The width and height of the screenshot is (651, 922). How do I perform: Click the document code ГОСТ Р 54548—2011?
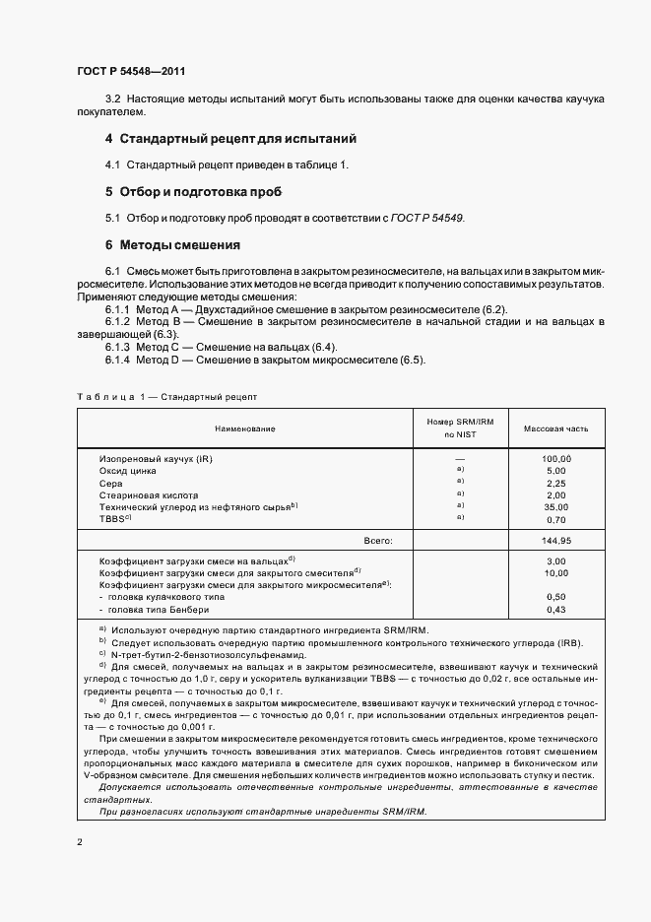[x=131, y=72]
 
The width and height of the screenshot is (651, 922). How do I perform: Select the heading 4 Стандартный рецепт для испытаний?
[x=230, y=139]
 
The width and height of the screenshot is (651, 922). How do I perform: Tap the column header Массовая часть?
[x=556, y=428]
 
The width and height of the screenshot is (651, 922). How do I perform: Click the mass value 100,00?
[x=556, y=459]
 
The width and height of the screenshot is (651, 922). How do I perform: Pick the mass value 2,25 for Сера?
[x=556, y=484]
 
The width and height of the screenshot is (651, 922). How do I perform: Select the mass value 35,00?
[x=556, y=507]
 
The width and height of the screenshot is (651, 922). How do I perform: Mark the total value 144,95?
[x=556, y=540]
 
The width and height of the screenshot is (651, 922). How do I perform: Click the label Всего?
[x=378, y=540]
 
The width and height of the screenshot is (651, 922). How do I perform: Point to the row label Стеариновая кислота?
[x=149, y=495]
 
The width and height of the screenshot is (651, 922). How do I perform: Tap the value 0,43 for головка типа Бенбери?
[x=556, y=610]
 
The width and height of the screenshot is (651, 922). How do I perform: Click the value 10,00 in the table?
[x=556, y=572]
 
